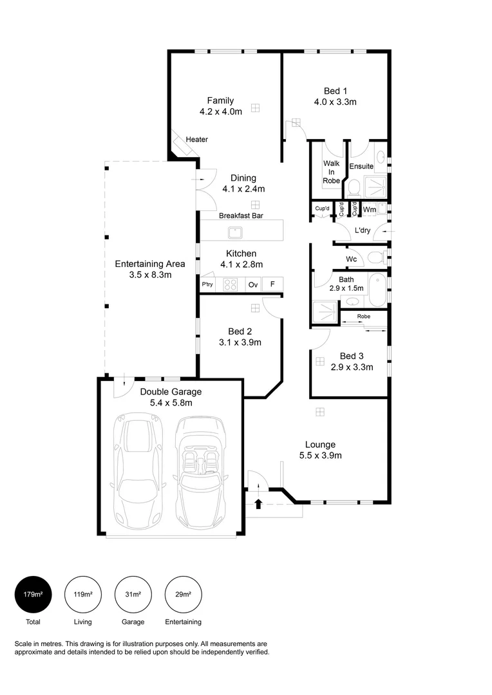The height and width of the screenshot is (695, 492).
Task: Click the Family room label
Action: (x=220, y=100)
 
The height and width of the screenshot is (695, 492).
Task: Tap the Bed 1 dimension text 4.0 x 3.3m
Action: (x=335, y=102)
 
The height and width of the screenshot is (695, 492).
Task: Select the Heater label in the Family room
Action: (x=196, y=140)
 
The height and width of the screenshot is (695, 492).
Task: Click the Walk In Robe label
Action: (x=331, y=172)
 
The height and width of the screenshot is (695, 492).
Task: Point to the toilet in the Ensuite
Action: (x=352, y=187)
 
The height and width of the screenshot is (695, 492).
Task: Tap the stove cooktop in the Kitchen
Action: (x=231, y=284)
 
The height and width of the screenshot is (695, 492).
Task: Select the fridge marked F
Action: (x=272, y=284)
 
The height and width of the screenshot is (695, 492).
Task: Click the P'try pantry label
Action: (x=207, y=284)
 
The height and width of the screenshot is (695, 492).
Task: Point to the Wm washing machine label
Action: (x=369, y=209)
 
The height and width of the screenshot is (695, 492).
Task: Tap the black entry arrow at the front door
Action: (x=258, y=503)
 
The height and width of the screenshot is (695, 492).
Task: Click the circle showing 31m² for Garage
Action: (x=133, y=594)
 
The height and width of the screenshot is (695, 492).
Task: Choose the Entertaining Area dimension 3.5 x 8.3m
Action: (x=150, y=275)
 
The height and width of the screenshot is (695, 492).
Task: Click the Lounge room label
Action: (x=320, y=444)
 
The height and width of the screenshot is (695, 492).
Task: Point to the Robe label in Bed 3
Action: (x=364, y=317)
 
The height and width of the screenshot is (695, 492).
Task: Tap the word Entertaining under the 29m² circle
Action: (x=183, y=622)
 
